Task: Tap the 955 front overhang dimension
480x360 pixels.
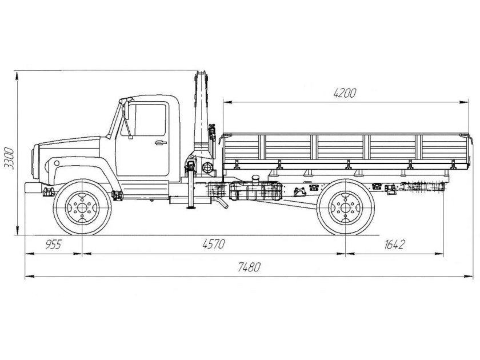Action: pos(53,245)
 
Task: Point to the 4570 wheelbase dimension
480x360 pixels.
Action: pos(214,245)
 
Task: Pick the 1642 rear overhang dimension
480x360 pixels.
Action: pos(394,245)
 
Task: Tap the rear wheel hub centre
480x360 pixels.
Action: pos(344,207)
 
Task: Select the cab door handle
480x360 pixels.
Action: pos(160,142)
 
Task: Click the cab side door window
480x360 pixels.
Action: pos(149,119)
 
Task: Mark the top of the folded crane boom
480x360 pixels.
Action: pos(201,74)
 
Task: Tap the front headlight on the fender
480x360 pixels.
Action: pos(57,163)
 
